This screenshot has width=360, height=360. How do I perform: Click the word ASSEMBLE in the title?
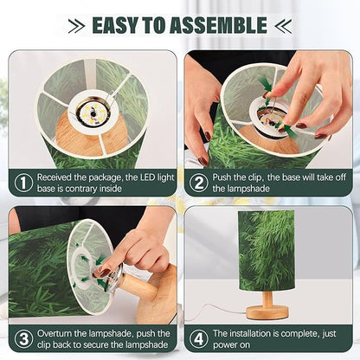pos(218,25)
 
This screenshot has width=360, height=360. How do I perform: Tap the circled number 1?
pos(23,183)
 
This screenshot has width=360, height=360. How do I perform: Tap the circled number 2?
pos(199,183)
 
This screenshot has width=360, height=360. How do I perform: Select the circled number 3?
pos(23,339)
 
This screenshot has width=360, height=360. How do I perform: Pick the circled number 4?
pos(199,339)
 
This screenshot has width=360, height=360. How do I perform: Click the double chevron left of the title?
pos(76,26)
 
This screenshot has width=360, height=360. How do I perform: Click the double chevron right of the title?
pos(283,26)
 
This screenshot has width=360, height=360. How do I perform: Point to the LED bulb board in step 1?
pos(93,113)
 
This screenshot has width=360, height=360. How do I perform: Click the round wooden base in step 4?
pos(267,312)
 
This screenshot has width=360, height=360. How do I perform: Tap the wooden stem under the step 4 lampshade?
pos(267,299)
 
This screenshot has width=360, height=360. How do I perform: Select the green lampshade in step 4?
pos(267,250)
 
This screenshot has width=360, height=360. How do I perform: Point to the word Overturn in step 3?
pos(55,333)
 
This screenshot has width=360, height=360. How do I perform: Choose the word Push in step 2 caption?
pos(222,177)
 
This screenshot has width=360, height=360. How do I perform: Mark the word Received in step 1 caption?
pos(55,177)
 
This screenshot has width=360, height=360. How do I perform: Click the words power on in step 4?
pos(231,345)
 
